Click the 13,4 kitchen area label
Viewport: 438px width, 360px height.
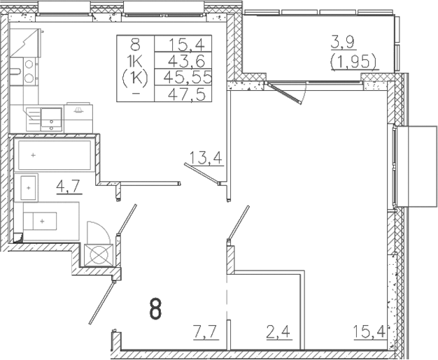tap(206, 157)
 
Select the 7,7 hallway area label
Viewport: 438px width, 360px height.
tap(206, 330)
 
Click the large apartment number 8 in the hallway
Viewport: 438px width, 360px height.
tap(156, 308)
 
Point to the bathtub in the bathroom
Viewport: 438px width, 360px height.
tap(55, 154)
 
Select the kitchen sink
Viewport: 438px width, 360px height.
tap(50, 119)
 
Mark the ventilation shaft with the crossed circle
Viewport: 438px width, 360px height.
tap(97, 254)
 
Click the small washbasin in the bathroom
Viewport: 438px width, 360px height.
tap(29, 188)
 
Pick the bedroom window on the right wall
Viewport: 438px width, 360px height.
tap(396, 166)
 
